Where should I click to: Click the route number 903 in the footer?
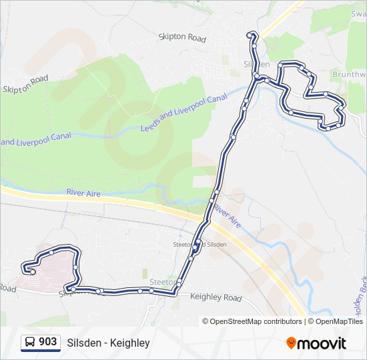pos(47,343)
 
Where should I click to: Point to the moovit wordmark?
pos(322,343)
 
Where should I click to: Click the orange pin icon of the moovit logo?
pos(291,343)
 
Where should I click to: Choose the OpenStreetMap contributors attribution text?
pos(256,321)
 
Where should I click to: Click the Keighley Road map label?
pos(216,297)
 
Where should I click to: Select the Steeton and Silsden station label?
pos(200,245)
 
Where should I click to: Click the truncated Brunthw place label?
pos(350,75)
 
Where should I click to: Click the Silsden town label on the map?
pos(257,64)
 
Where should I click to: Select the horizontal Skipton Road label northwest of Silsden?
pos(182,39)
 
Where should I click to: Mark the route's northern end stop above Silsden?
pos(251,35)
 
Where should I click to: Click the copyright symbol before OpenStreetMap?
pos(206,321)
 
